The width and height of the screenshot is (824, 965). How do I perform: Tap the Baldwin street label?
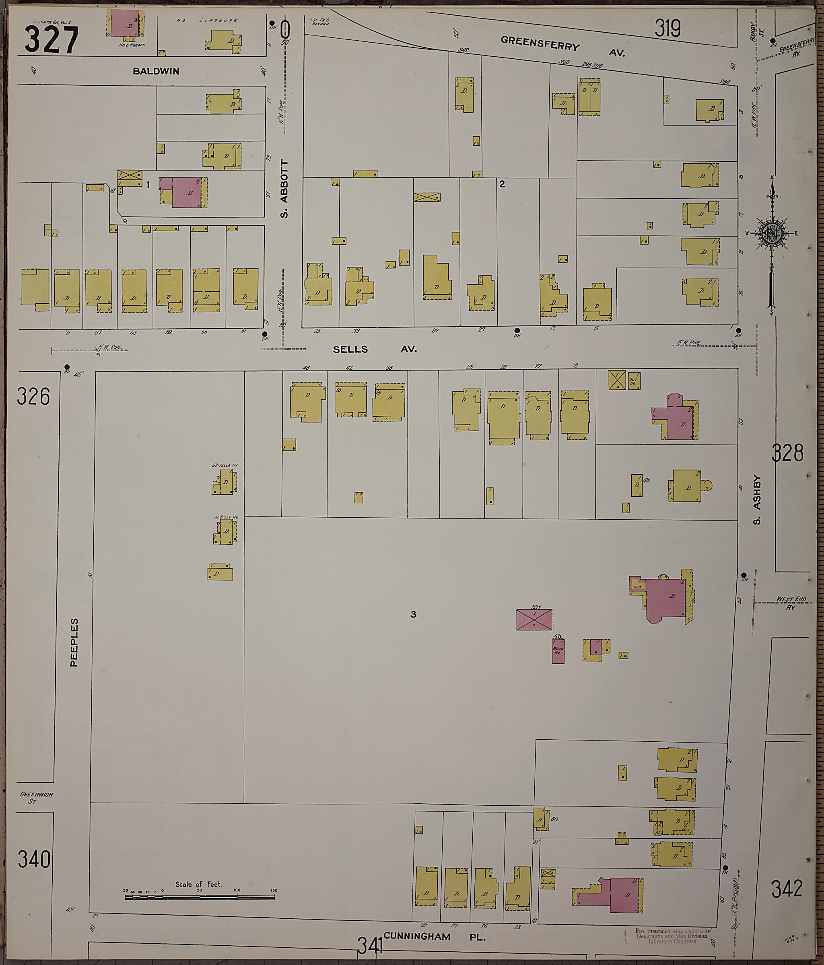pyautogui.click(x=156, y=71)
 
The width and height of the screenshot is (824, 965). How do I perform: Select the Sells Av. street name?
pyautogui.click(x=375, y=349)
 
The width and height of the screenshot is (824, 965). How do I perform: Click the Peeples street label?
pyautogui.click(x=74, y=642)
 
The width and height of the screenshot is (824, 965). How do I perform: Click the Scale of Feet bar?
pyautogui.click(x=200, y=896)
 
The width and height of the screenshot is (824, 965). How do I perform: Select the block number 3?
pyautogui.click(x=413, y=615)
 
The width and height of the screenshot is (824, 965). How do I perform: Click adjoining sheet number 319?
pyautogui.click(x=667, y=29)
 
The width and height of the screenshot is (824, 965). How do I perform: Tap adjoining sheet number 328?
pyautogui.click(x=787, y=453)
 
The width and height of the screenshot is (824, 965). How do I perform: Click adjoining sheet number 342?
pyautogui.click(x=787, y=889)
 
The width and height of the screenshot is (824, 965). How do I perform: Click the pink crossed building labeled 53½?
pyautogui.click(x=534, y=619)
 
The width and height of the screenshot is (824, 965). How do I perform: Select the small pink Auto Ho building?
pyautogui.click(x=558, y=651)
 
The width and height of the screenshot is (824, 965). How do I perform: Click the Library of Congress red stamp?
pyautogui.click(x=671, y=936)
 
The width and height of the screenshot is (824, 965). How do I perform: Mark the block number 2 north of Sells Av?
pyautogui.click(x=502, y=184)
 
